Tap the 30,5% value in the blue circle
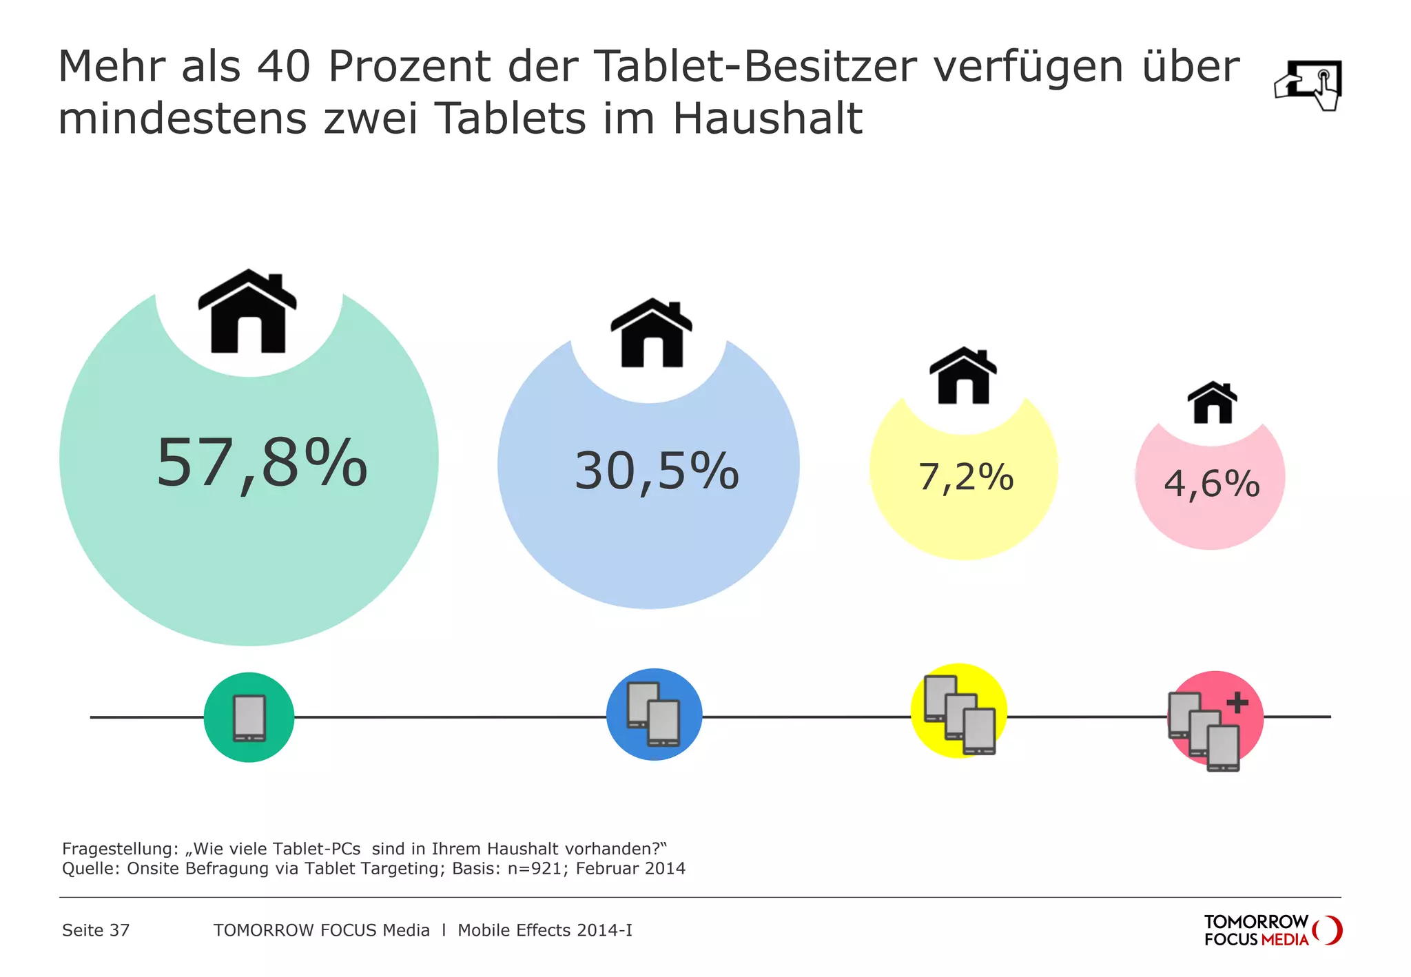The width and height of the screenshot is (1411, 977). [x=657, y=472]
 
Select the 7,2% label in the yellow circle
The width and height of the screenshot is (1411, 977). [x=966, y=477]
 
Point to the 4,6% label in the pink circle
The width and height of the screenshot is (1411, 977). [x=1212, y=483]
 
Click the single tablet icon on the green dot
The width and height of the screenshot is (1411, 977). [x=249, y=718]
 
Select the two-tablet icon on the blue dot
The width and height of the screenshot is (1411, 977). [x=654, y=714]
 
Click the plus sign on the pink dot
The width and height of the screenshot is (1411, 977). [x=1237, y=702]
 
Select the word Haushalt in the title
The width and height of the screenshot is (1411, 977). [x=767, y=119]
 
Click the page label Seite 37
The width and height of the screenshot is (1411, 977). [x=96, y=930]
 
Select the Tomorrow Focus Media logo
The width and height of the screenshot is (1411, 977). [x=1273, y=930]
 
